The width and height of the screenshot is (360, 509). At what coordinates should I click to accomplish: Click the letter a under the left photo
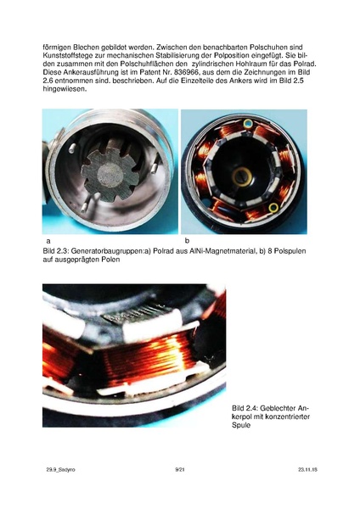pyautogui.click(x=48, y=241)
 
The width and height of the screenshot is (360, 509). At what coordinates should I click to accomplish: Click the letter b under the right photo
pyautogui.click(x=187, y=241)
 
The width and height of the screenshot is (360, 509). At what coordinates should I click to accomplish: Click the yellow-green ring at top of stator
pyautogui.click(x=247, y=124)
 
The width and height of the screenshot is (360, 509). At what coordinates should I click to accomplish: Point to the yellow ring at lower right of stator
pyautogui.click(x=273, y=206)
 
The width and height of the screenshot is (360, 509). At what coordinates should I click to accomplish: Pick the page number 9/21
pyautogui.click(x=179, y=469)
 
